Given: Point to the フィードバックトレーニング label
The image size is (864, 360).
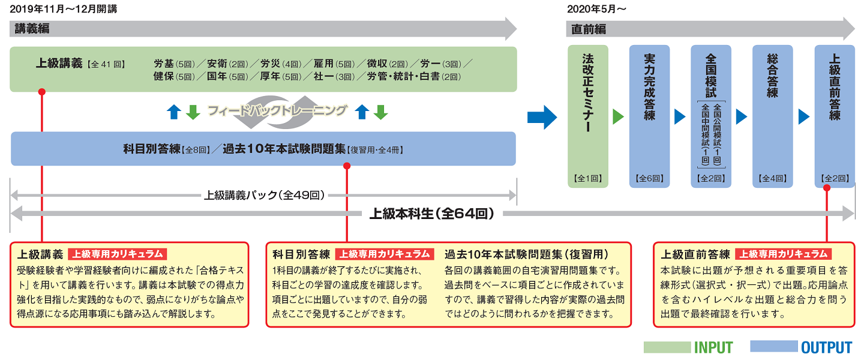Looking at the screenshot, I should pos(277,111).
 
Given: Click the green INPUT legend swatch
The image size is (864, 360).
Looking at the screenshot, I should pos(667,347).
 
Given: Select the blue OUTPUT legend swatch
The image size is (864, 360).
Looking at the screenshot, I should pos(773,347).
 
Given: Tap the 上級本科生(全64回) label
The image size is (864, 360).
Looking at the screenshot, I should pos(431,213).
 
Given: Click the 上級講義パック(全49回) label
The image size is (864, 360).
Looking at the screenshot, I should pos(264,195).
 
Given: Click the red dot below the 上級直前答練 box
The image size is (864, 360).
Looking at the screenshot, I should pos(827,188).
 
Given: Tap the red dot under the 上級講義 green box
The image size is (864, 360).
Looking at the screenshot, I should pos(42,92).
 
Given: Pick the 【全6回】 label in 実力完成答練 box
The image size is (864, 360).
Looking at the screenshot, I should pos(649,178).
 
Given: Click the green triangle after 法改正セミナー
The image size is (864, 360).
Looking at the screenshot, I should pos(618,116).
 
